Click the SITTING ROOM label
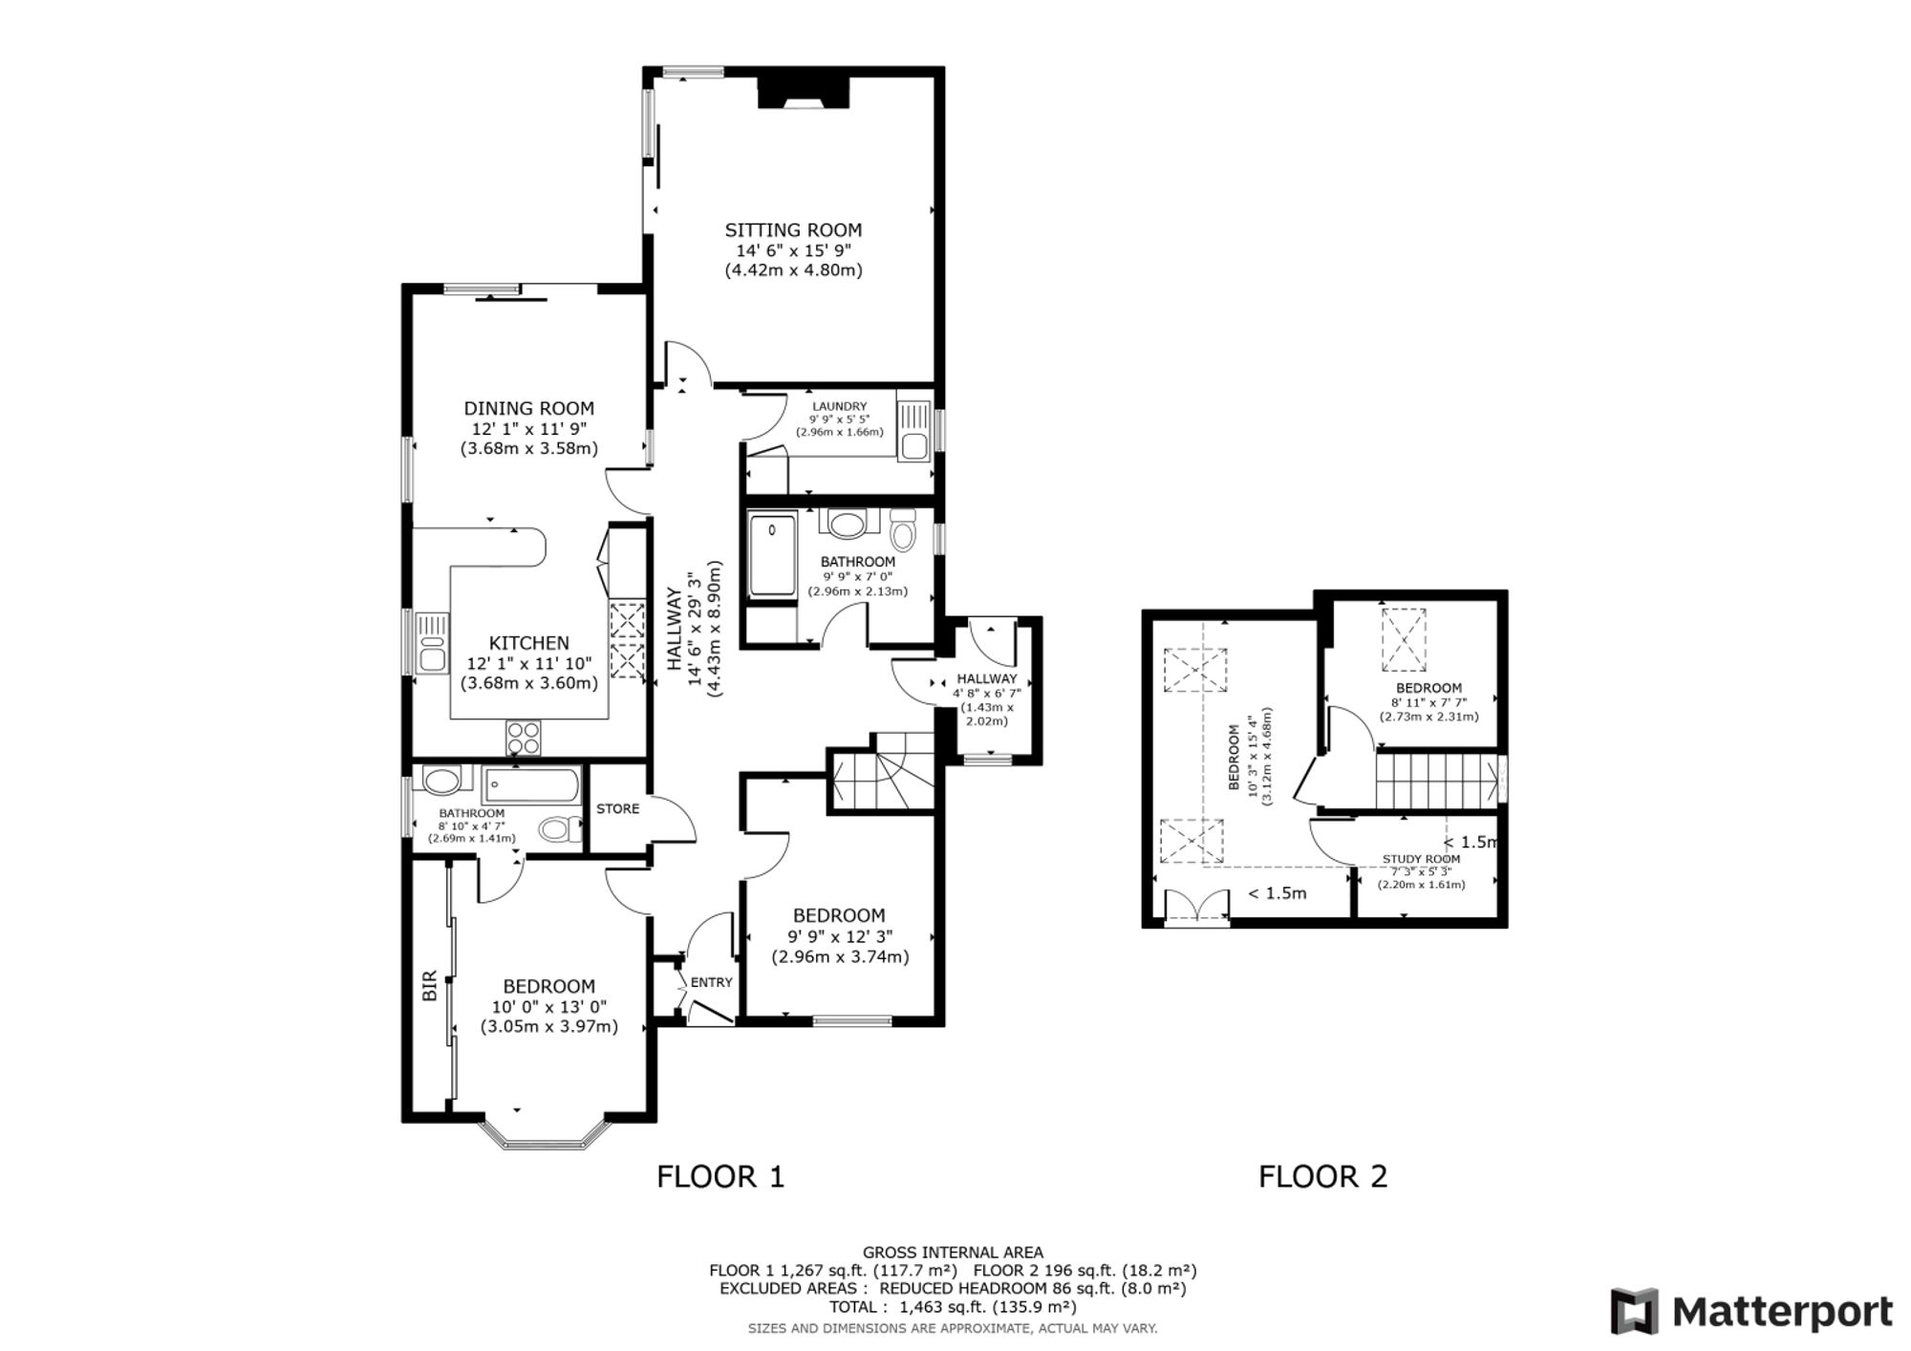coord(793,230)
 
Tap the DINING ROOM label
coord(529,408)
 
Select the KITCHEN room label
coord(529,643)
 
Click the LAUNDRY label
coord(840,406)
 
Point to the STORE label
coord(618,808)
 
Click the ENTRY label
coord(712,982)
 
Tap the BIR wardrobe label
coord(430,986)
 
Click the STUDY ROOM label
coord(1422,859)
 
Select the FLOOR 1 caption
coord(720,1176)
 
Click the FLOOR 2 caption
coord(1322,1176)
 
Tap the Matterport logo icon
coord(1635,1312)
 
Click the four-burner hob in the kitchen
coord(524,738)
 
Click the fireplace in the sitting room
coord(804,93)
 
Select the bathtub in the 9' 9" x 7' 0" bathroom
coord(772,556)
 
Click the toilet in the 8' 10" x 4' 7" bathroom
coord(560,828)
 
